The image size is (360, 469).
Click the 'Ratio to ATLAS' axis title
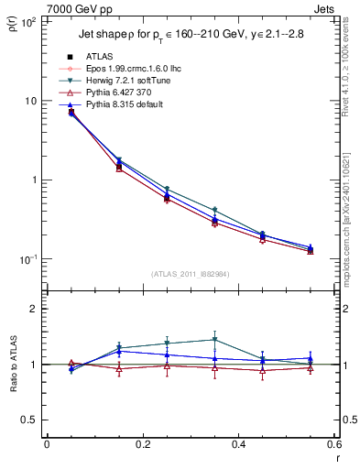(x=14, y=365)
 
